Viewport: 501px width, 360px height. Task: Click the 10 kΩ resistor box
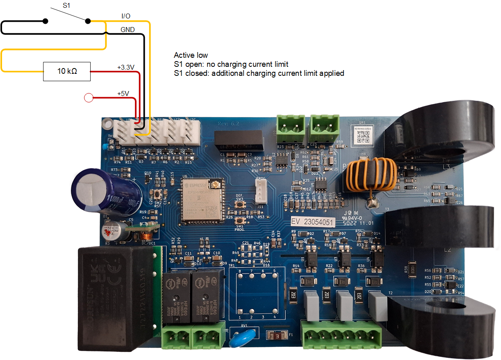pos(67,72)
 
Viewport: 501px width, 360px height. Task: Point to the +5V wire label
pos(123,93)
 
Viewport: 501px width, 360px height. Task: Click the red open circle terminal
pos(88,98)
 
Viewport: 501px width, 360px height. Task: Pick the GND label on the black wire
pos(128,30)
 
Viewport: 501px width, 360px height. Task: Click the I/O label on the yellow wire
pos(126,16)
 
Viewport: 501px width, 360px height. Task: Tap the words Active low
pos(191,55)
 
